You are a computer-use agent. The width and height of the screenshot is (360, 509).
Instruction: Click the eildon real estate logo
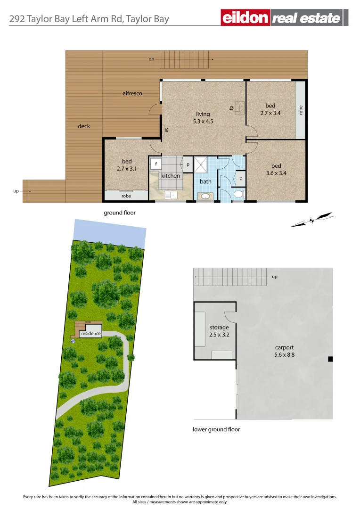[285, 18]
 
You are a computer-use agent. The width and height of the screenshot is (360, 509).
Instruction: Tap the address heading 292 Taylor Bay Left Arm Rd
[89, 19]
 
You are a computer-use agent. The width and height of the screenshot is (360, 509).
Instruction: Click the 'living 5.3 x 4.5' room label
[203, 118]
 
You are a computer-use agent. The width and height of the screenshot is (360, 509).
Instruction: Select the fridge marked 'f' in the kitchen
[155, 164]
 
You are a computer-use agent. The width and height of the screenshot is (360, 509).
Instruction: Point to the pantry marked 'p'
[187, 164]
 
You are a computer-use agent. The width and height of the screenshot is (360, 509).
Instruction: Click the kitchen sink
[170, 194]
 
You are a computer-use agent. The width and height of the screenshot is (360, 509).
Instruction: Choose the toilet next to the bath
[238, 194]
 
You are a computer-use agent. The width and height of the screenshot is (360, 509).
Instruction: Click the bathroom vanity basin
[206, 196]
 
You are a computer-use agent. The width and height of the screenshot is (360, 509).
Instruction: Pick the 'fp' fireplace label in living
[232, 108]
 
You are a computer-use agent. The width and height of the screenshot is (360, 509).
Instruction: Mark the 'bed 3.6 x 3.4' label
[276, 169]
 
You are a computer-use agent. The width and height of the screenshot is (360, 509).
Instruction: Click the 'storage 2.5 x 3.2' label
[219, 331]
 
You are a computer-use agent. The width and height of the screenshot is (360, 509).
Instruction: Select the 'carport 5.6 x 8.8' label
[285, 351]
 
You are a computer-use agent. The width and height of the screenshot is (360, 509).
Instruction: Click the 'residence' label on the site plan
[91, 333]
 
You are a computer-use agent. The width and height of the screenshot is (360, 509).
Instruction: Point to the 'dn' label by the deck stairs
[151, 59]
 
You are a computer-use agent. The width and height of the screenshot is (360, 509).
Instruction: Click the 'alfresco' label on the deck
[132, 93]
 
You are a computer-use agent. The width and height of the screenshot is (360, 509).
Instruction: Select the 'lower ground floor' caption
[216, 429]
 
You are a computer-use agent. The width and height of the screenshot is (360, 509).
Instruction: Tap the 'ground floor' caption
[120, 213]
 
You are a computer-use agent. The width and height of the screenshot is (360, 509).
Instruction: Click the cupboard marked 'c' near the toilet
[240, 179]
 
